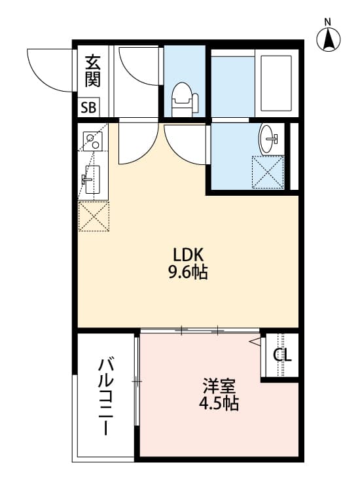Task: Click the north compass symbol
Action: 329,39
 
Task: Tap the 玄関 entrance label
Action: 92,73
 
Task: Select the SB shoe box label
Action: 88,107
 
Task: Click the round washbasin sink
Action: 269,139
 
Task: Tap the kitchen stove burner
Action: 91,139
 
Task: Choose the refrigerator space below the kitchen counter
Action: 93,217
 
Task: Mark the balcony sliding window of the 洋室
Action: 136,380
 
